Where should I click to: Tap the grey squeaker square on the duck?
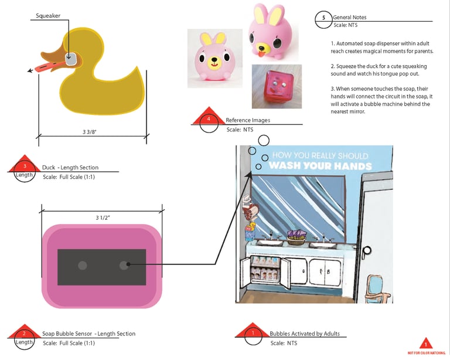pos(71,59)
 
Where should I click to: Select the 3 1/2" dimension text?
pos(103,218)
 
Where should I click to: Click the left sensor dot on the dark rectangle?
pos(83,266)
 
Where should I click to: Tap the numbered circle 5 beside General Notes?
pos(323,18)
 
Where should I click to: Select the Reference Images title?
pos(248,120)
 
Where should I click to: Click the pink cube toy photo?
pos(277,86)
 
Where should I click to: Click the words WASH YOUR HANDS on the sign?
pos(320,166)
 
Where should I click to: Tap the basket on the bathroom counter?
pos(296,236)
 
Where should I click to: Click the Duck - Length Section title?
pos(70,167)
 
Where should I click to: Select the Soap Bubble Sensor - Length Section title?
pos(88,334)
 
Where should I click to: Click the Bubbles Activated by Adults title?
pos(304,334)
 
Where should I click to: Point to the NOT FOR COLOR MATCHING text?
pos(425,353)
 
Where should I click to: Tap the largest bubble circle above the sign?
pos(264,140)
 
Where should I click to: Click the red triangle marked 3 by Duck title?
pos(25,165)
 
